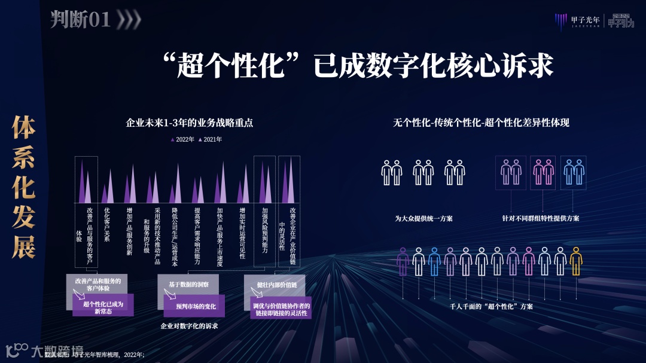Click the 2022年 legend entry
pos(183,139)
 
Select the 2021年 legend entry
pos(210,139)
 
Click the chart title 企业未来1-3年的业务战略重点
pos(190,123)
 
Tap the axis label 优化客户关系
pos(107,224)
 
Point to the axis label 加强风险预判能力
pos(264,230)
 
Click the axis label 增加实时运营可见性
pos(242,233)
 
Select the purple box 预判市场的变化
pos(195,306)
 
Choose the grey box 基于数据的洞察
pos(187,284)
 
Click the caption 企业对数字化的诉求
pos(189,326)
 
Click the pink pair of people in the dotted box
pos(543,172)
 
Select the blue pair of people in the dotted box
pos(573,172)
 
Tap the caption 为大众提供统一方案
pos(423,218)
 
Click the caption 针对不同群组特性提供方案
pos(540,218)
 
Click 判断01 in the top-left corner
pos(81,20)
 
